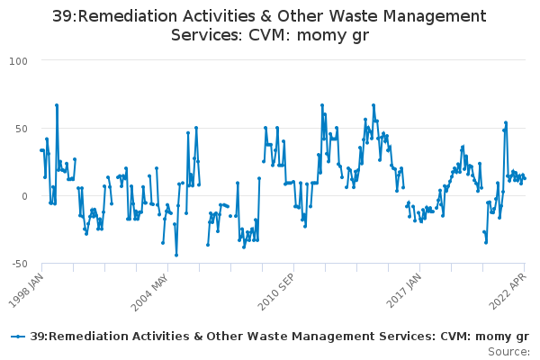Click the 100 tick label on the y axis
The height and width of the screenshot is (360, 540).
coord(18,61)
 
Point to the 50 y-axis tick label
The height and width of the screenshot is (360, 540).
coord(22,129)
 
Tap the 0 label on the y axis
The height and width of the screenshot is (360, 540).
coord(24,196)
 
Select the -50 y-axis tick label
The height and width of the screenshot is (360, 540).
coord(20,264)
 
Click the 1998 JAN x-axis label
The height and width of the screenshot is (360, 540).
coord(26,291)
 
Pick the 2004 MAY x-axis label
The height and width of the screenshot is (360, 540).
coord(150,292)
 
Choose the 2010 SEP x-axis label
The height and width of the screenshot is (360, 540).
coord(276,292)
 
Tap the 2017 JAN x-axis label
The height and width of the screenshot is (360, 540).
coord(403,291)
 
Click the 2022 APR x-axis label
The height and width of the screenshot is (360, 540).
coord(508,291)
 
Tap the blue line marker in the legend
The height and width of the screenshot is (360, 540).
coord(18,337)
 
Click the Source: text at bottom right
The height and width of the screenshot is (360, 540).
coord(508,352)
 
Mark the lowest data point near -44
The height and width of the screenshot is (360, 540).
coord(176,256)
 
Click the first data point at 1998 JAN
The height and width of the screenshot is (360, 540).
coord(41,150)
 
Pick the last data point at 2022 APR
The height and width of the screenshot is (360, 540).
coord(525,178)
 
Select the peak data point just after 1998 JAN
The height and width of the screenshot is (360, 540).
coord(57,105)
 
